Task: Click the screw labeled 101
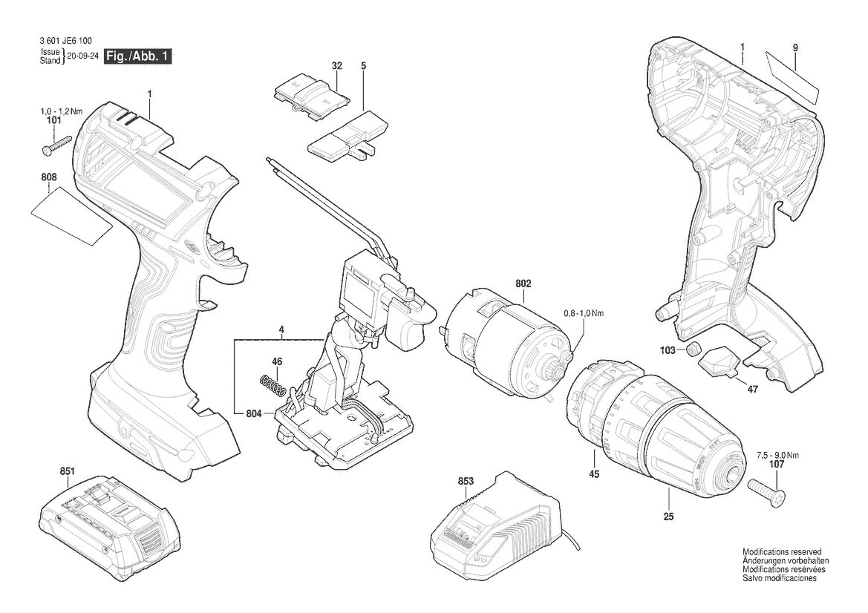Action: (x=56, y=143)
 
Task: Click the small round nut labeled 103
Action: (x=694, y=350)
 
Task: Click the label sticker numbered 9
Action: (x=792, y=76)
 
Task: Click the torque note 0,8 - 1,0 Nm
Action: (x=584, y=314)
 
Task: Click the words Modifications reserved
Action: (x=782, y=553)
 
